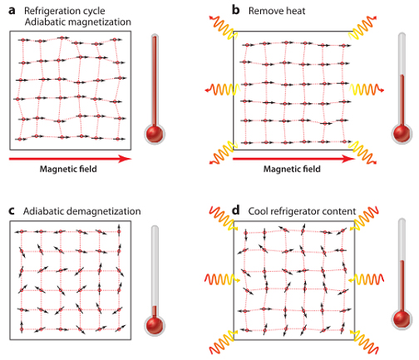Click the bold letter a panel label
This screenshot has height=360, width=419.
pyautogui.click(x=12, y=11)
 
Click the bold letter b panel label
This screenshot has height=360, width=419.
pyautogui.click(x=235, y=10)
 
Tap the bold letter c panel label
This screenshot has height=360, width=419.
pyautogui.click(x=12, y=211)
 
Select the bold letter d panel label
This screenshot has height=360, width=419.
pyautogui.click(x=235, y=210)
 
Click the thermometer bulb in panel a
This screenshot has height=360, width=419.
pyautogui.click(x=155, y=134)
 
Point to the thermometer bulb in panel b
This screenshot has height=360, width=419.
pyautogui.click(x=402, y=133)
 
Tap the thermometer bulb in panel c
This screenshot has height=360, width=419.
pyautogui.click(x=155, y=325)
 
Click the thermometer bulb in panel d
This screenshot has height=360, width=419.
pyautogui.click(x=402, y=318)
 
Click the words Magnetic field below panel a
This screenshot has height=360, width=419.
pyautogui.click(x=68, y=169)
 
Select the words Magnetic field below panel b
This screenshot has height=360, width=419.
pyautogui.click(x=292, y=169)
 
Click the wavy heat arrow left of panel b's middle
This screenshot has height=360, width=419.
pyautogui.click(x=223, y=89)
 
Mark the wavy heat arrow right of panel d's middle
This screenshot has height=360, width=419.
pyautogui.click(x=367, y=279)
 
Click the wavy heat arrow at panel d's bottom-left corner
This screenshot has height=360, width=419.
pyautogui.click(x=223, y=342)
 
